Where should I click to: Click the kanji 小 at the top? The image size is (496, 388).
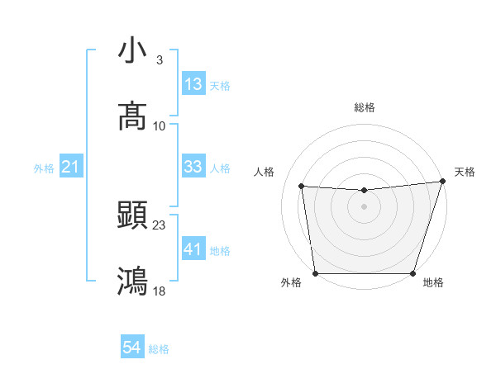tap(132, 51)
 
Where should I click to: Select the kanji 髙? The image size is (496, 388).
tap(132, 116)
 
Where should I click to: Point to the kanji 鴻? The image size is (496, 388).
tap(132, 281)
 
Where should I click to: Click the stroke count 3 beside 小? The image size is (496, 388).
tap(160, 60)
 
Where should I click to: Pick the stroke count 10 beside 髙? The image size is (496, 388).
tap(160, 125)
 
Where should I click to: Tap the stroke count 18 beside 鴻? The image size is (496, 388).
tap(160, 291)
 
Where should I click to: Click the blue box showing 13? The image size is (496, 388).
tap(193, 84)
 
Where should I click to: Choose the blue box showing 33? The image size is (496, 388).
tap(193, 167)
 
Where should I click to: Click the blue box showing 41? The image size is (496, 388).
tap(193, 249)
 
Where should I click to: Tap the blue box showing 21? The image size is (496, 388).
tap(71, 167)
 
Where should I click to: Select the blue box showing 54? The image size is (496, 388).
tap(132, 348)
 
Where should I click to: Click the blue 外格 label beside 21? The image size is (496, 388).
tap(44, 168)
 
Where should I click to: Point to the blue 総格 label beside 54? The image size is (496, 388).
tap(159, 350)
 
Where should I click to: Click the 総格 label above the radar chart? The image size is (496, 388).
tap(365, 107)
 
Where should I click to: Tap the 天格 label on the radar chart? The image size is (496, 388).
tap(465, 172)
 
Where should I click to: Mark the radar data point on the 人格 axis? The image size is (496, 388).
tap(302, 187)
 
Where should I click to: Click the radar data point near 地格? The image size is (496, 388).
tap(413, 273)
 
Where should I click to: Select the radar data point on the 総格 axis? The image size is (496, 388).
tap(365, 191)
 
